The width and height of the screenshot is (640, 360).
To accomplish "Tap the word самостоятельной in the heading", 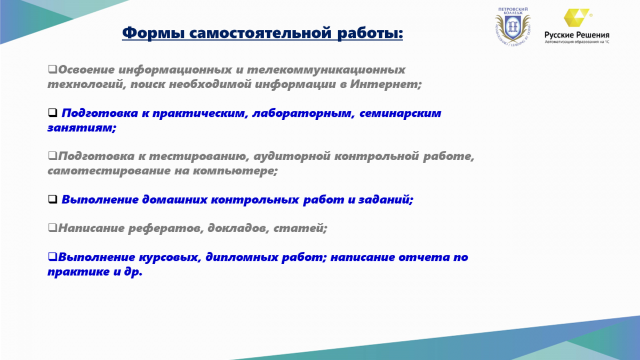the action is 260,33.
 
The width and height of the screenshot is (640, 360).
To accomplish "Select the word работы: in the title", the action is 370,33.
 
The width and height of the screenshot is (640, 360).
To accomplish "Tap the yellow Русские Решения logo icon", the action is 577,18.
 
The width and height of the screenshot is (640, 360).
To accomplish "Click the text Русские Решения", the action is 577,35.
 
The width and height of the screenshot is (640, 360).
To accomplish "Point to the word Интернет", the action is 386,84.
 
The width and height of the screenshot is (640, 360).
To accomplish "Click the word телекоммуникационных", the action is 326,70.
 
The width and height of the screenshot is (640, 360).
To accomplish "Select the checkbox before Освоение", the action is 52,69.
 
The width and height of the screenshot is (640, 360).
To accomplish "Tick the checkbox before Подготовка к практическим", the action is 53,113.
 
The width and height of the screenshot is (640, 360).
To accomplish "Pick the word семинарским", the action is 401,113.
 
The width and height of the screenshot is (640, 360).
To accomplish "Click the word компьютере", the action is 235,171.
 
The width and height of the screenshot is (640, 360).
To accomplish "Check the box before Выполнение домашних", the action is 53,199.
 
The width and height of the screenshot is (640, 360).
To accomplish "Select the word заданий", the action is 386,199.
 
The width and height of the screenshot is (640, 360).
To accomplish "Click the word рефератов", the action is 166,228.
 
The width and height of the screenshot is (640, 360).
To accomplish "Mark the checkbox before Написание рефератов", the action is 52,227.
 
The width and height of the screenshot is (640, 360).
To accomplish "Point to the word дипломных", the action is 242,257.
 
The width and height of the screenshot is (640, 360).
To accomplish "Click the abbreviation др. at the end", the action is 133,271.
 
